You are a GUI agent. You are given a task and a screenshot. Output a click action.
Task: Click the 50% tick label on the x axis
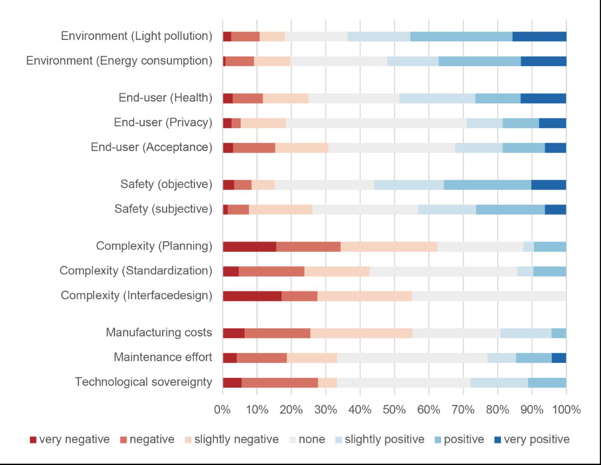point(394,409)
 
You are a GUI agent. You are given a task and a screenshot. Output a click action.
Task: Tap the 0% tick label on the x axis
point(222,409)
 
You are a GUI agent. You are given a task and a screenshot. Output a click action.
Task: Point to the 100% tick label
point(566,409)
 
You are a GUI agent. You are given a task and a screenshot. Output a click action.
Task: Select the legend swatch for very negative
point(33,440)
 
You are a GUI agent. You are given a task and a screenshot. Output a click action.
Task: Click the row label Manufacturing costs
point(159,333)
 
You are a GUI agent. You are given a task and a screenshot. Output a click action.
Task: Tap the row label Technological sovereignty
point(144,382)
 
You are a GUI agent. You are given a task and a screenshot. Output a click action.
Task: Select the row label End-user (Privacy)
point(163,122)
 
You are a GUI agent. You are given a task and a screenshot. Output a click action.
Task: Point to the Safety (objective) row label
point(166,185)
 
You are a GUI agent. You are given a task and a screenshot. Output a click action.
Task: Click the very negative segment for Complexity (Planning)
point(249,247)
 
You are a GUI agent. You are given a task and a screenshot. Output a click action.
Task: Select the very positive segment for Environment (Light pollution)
point(539,36)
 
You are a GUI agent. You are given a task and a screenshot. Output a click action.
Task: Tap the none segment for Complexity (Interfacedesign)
point(489,296)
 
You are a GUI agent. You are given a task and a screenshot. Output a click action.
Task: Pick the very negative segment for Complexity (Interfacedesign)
point(252,296)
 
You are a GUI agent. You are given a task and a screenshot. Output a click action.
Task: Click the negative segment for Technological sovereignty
point(280,383)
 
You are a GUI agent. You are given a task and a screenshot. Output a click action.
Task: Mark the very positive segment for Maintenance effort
point(559,358)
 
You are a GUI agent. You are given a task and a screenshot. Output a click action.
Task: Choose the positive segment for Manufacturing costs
point(559,333)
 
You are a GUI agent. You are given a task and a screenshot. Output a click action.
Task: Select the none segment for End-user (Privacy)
point(376,123)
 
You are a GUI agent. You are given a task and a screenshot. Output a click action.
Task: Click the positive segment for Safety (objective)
point(487,185)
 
